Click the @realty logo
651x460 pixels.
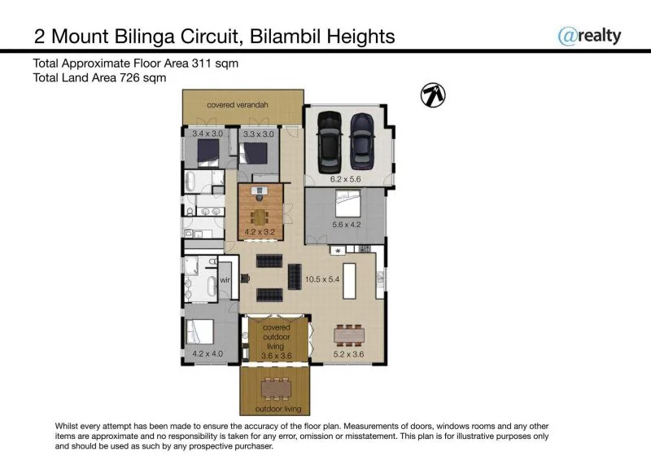pos(589,35)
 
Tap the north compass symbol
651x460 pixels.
pos(433,95)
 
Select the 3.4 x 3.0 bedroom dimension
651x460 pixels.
pos(208,134)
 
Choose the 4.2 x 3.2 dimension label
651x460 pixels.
pos(260,232)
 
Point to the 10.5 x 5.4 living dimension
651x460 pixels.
pos(321,279)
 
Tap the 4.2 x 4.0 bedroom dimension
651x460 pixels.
pos(208,353)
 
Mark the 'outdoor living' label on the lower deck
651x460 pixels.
pos(278,408)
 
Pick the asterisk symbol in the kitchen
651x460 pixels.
pos(338,251)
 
